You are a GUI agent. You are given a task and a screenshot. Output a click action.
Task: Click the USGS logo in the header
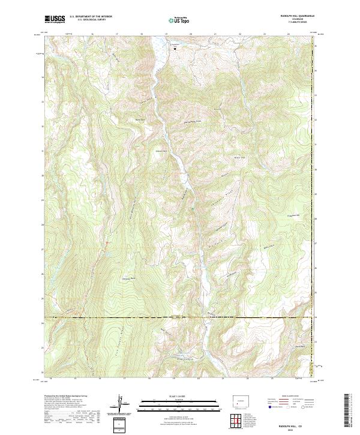(x=55, y=19)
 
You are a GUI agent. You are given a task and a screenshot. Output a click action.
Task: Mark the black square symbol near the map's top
(x=175, y=49)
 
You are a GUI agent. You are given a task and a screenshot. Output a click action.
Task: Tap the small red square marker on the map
(x=107, y=242)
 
